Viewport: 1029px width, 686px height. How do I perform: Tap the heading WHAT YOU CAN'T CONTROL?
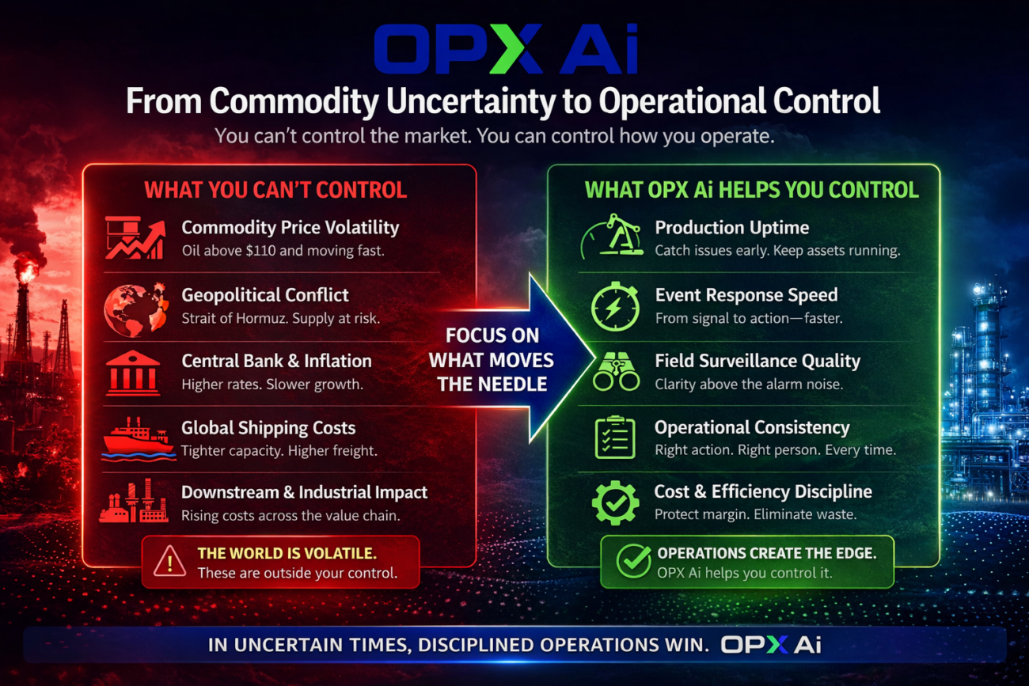pyautogui.click(x=275, y=190)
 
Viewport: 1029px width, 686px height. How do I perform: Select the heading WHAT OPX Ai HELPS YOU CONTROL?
pyautogui.click(x=751, y=190)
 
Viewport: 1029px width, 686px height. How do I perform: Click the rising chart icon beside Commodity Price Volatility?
pyautogui.click(x=135, y=237)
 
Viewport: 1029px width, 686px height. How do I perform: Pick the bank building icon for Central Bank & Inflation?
pyautogui.click(x=132, y=372)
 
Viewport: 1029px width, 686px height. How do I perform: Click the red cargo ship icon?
pyautogui.click(x=137, y=438)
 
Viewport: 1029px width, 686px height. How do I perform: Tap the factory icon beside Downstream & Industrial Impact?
pyautogui.click(x=133, y=502)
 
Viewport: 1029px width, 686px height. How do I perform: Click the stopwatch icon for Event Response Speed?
pyautogui.click(x=615, y=305)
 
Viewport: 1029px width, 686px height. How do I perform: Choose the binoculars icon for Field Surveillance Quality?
pyautogui.click(x=616, y=372)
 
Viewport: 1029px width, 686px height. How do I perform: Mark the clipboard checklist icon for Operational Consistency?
pyautogui.click(x=615, y=438)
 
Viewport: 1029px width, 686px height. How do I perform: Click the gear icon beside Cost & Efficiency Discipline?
pyautogui.click(x=615, y=502)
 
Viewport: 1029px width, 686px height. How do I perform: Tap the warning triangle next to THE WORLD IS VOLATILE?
pyautogui.click(x=169, y=562)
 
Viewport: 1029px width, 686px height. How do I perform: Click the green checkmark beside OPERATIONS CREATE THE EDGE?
pyautogui.click(x=634, y=562)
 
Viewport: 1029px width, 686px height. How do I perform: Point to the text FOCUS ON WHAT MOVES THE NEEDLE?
pyautogui.click(x=491, y=360)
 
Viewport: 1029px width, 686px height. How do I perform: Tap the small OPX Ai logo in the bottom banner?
pyautogui.click(x=770, y=645)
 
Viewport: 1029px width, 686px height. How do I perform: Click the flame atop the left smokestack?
pyautogui.click(x=27, y=271)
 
